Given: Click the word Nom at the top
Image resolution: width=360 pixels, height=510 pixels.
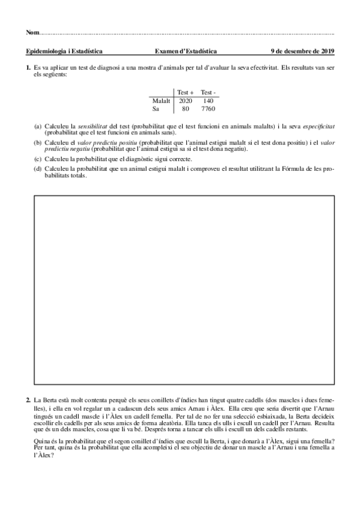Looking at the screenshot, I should (x=32, y=32).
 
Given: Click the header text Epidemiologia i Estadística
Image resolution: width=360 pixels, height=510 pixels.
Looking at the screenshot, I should (x=64, y=52).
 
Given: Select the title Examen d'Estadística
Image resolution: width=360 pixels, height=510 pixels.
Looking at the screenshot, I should (x=186, y=52).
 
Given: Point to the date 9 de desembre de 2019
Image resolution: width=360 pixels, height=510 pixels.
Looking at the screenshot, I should (x=302, y=52).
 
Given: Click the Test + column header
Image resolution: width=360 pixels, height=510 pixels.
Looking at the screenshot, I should (x=186, y=92).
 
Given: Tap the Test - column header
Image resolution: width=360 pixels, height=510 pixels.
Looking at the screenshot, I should (x=209, y=92).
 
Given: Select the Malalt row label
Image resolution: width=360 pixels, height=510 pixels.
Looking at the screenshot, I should (x=162, y=101).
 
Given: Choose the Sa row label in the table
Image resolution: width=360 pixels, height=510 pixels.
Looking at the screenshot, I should (x=156, y=109).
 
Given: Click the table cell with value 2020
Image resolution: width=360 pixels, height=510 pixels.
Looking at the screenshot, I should (x=186, y=101).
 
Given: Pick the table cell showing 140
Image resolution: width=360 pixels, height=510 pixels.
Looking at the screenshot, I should (x=209, y=101).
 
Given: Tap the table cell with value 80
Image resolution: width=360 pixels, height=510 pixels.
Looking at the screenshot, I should (x=186, y=109).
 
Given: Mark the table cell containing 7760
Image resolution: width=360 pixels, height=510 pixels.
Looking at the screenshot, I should (x=209, y=109).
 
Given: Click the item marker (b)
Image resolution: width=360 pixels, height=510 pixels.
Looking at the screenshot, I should (x=38, y=143).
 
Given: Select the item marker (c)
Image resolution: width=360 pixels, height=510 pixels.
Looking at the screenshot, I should (x=38, y=159).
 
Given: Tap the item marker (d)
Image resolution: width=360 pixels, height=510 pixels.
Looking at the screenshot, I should (x=38, y=168).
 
